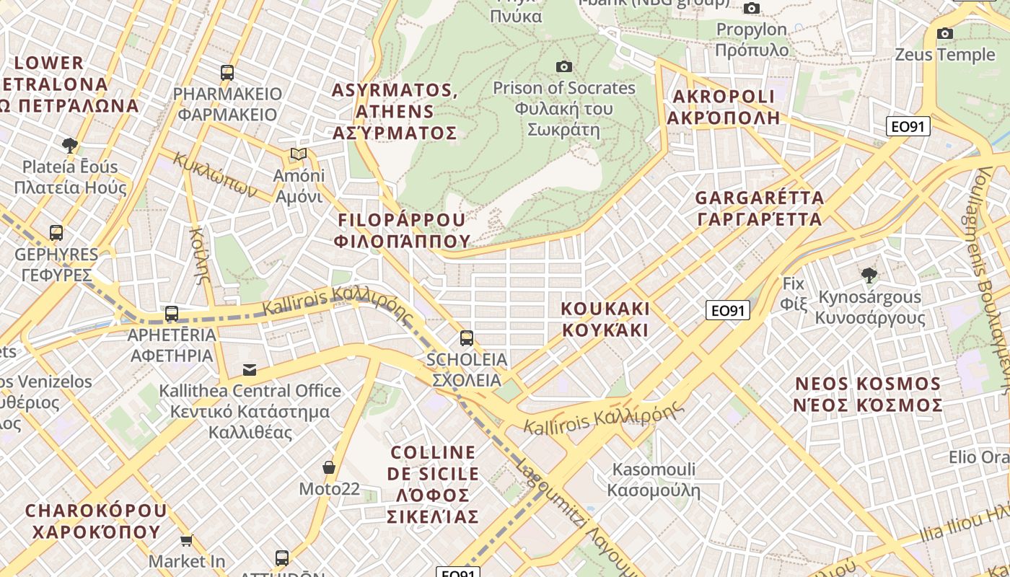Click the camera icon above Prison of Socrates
(564, 67)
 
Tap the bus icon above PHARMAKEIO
(227, 73)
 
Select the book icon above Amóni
(299, 154)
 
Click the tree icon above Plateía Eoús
(70, 146)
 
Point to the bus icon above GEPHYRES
(56, 233)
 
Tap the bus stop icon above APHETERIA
(172, 314)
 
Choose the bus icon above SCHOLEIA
(467, 338)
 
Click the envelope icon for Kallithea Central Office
(250, 370)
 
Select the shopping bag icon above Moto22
(329, 467)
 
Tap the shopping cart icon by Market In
(187, 540)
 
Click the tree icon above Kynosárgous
(869, 275)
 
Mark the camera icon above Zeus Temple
(945, 34)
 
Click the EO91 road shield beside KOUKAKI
(728, 311)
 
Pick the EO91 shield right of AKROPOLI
(908, 127)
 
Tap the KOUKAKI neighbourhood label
(605, 320)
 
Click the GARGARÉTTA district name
(759, 208)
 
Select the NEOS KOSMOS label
(868, 394)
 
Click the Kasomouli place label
(654, 480)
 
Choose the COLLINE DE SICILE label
(433, 484)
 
